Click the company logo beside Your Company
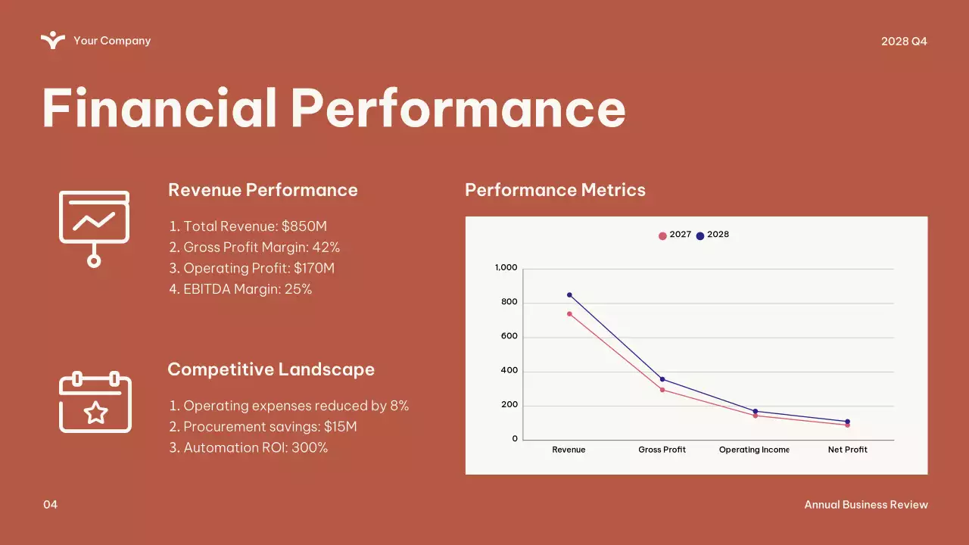(53, 40)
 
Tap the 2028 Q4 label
(904, 41)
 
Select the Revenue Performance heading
(263, 190)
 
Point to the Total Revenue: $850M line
(248, 226)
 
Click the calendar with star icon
(95, 403)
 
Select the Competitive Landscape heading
(271, 369)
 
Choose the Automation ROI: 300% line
(248, 448)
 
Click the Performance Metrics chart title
(555, 190)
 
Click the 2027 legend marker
(662, 235)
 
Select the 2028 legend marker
(700, 235)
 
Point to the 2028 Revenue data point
(569, 294)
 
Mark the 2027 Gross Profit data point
(662, 390)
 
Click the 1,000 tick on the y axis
(506, 268)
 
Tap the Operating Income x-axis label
(754, 450)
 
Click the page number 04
(50, 505)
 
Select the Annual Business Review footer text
(865, 505)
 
